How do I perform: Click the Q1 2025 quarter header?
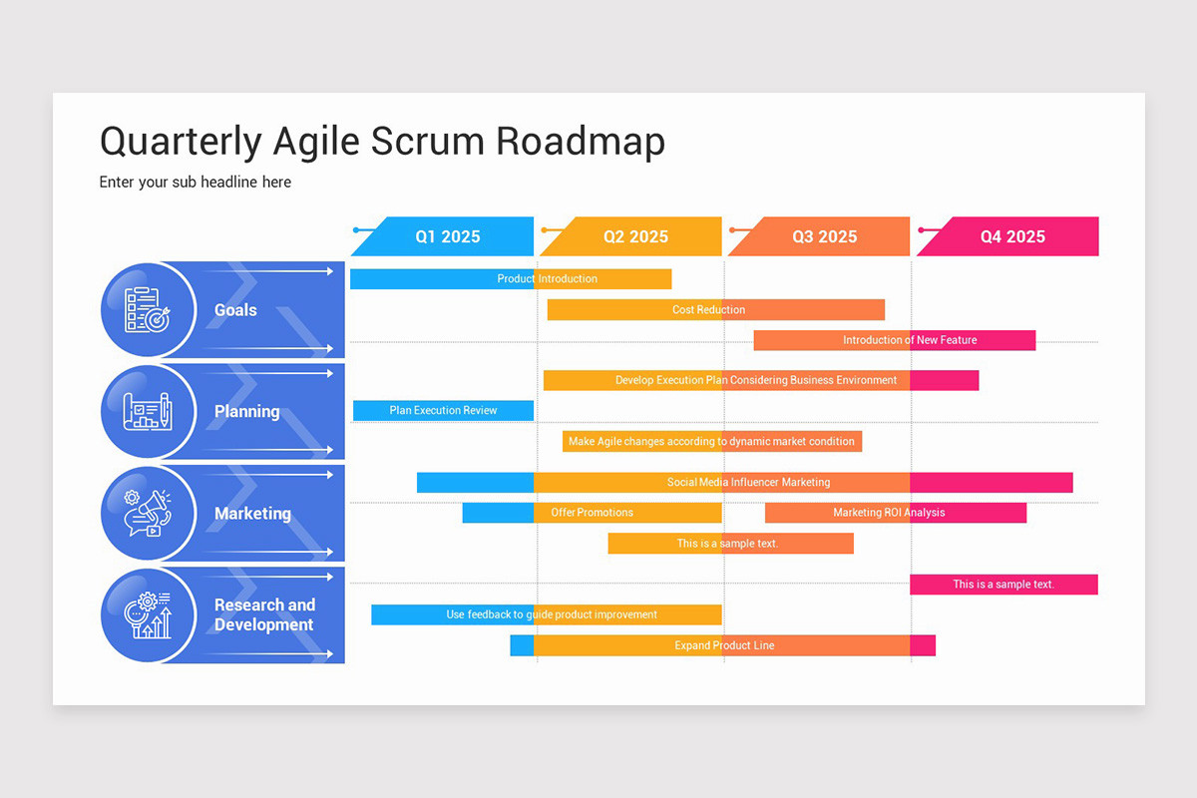(447, 236)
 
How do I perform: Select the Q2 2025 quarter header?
(634, 236)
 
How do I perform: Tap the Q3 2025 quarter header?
(823, 236)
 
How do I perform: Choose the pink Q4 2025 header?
(1011, 236)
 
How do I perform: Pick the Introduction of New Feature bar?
(895, 340)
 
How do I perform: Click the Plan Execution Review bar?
(443, 410)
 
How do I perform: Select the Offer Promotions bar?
(592, 513)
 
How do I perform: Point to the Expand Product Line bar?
(723, 645)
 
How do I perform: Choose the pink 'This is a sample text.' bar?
(1003, 585)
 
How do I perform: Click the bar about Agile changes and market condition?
(711, 441)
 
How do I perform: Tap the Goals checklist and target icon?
(147, 310)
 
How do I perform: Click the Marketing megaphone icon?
(147, 514)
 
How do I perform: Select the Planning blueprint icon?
(147, 411)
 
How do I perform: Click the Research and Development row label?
(264, 614)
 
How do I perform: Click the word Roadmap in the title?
(580, 142)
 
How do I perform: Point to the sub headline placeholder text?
(196, 183)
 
